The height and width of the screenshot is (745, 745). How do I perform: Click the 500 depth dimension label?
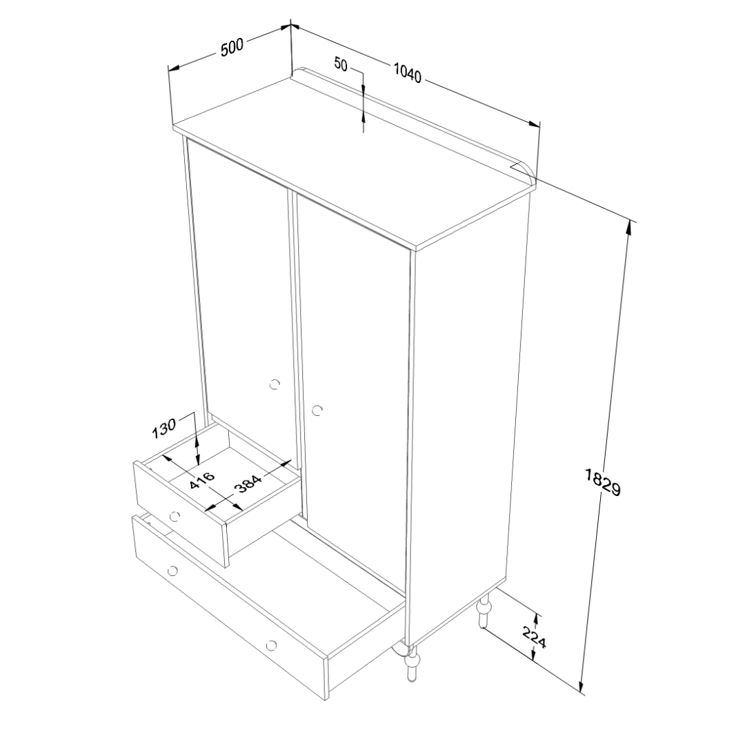[x=232, y=48]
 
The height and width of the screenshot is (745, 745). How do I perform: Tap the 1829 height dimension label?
[x=602, y=482]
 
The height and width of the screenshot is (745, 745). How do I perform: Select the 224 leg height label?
[x=535, y=637]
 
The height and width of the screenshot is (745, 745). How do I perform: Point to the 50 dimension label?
[x=341, y=63]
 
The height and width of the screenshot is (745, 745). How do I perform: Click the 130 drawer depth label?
[x=164, y=428]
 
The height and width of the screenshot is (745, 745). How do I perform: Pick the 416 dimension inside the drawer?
[x=202, y=480]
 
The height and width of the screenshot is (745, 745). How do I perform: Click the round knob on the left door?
[x=274, y=384]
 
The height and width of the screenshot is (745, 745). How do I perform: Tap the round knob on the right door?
[x=317, y=410]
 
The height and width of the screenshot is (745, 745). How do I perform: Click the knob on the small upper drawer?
[x=175, y=515]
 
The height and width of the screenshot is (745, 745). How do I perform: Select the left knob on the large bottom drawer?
[x=172, y=570]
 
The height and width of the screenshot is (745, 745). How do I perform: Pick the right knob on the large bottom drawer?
[x=271, y=645]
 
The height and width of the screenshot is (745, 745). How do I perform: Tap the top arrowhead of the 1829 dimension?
[x=630, y=228]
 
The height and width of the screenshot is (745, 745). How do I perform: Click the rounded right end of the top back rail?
[x=528, y=170]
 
